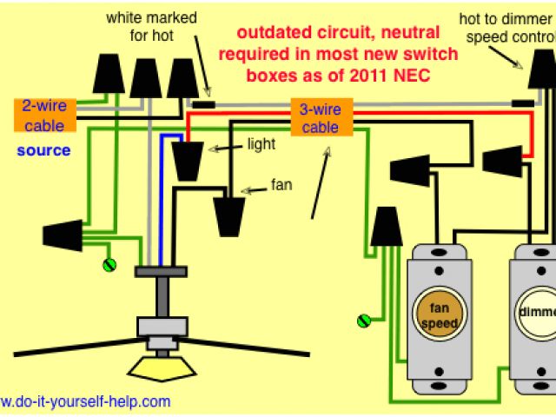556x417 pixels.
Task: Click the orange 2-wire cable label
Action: point(44,115)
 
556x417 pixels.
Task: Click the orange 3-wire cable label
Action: point(320,119)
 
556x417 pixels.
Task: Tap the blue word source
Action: point(43,150)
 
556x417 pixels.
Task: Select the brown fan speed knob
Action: point(440,314)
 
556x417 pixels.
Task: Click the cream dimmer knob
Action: point(536,314)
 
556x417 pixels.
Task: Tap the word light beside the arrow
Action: point(262,143)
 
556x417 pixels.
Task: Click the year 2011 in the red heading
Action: point(361,76)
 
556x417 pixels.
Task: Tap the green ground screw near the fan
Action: point(110,264)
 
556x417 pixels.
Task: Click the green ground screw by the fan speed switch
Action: point(364,321)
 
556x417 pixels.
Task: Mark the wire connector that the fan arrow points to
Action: point(229,215)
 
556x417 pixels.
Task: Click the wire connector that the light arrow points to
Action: point(187,160)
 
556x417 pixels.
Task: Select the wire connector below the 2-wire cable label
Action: point(63,234)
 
